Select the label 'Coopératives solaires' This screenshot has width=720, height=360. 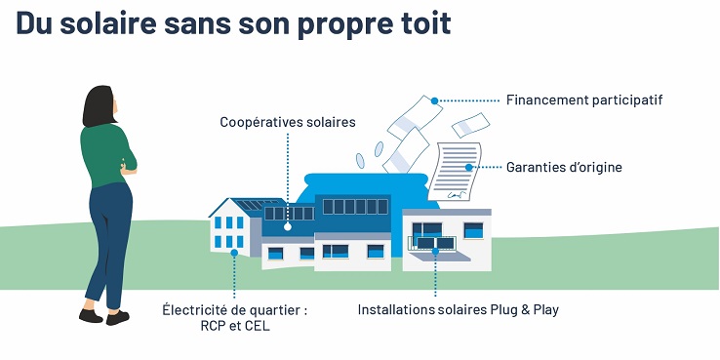point(288,123)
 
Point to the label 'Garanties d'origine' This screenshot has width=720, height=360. point(564,167)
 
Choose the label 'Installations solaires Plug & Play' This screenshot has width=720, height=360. point(459,310)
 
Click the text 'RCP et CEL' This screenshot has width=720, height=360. point(235,327)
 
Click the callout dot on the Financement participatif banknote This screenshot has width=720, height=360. point(435,99)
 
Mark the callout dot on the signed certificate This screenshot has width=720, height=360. point(468,167)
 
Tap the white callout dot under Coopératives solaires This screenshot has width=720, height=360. point(287,226)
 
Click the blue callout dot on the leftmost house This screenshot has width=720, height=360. point(235,252)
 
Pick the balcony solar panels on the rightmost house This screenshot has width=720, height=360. point(432,242)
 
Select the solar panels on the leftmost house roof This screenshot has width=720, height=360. point(249,208)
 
